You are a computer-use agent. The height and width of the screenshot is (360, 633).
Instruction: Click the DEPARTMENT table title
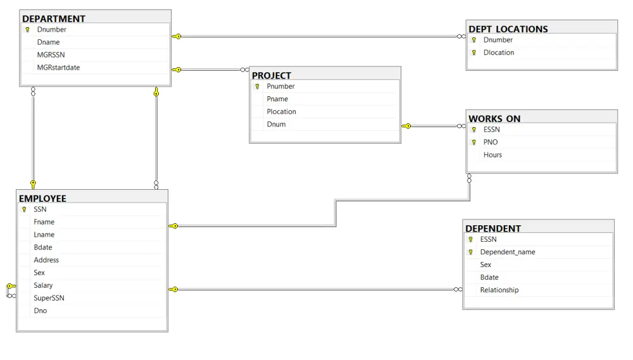[x=54, y=19]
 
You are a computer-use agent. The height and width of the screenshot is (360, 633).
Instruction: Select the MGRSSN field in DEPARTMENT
[x=51, y=55]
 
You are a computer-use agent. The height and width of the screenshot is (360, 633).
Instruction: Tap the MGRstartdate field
[x=58, y=68]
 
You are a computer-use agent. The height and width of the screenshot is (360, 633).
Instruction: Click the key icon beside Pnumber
[x=257, y=87]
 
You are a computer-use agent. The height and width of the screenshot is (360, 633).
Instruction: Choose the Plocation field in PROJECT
[x=281, y=112]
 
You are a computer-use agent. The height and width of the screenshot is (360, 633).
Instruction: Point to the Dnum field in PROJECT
[x=276, y=125]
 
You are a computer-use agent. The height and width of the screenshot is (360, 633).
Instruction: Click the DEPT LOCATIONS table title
[x=508, y=29]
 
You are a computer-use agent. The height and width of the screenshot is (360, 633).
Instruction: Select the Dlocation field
[x=498, y=53]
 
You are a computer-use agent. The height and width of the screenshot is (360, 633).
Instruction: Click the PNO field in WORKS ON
[x=490, y=142]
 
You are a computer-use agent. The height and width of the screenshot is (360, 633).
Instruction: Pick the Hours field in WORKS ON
[x=492, y=155]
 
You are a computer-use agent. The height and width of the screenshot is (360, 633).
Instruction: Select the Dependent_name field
[x=507, y=252]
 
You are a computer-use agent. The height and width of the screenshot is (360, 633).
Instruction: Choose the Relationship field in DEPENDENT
[x=499, y=290]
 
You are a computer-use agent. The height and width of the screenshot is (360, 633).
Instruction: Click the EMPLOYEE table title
[x=42, y=199]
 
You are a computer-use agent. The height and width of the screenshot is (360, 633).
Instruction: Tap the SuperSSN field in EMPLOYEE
[x=49, y=298]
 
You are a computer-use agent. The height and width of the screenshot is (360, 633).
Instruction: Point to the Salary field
[x=43, y=285]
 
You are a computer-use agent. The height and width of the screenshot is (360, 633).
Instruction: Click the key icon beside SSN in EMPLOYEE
[x=24, y=209]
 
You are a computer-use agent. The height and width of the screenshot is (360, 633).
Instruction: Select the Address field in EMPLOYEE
[x=46, y=260]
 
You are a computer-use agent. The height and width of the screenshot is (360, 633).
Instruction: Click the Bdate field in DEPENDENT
[x=489, y=278]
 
